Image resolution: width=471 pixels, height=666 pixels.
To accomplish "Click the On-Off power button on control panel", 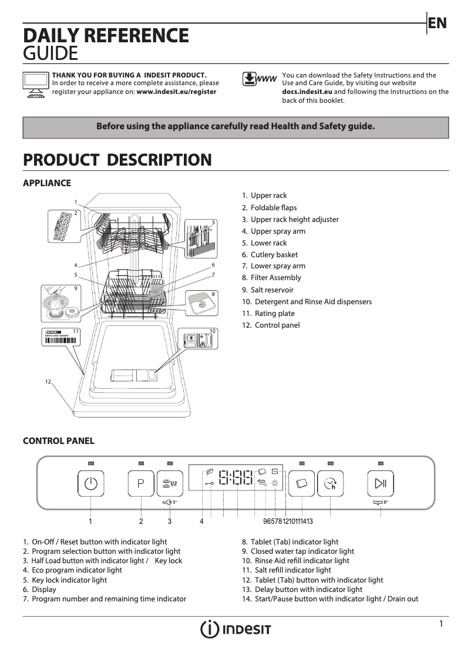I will pyautogui.click(x=90, y=484).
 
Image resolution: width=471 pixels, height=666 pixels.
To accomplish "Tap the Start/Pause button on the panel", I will pyautogui.click(x=381, y=484).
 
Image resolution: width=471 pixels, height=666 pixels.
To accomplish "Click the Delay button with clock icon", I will pyautogui.click(x=330, y=484).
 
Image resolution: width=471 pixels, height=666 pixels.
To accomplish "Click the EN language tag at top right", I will pyautogui.click(x=438, y=23).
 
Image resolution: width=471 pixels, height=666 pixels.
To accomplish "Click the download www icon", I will pyautogui.click(x=259, y=79).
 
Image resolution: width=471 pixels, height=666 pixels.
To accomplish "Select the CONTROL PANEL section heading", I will pyautogui.click(x=58, y=441).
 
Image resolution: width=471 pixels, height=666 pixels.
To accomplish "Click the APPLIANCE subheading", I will pyautogui.click(x=46, y=183).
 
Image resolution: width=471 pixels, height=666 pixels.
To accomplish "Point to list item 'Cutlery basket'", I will pyautogui.click(x=274, y=255).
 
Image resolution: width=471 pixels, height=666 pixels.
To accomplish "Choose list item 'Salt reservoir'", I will pyautogui.click(x=272, y=290).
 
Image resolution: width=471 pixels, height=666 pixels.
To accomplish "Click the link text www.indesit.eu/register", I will pyautogui.click(x=176, y=92).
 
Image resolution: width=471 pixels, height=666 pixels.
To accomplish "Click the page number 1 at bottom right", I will pyautogui.click(x=441, y=624).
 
